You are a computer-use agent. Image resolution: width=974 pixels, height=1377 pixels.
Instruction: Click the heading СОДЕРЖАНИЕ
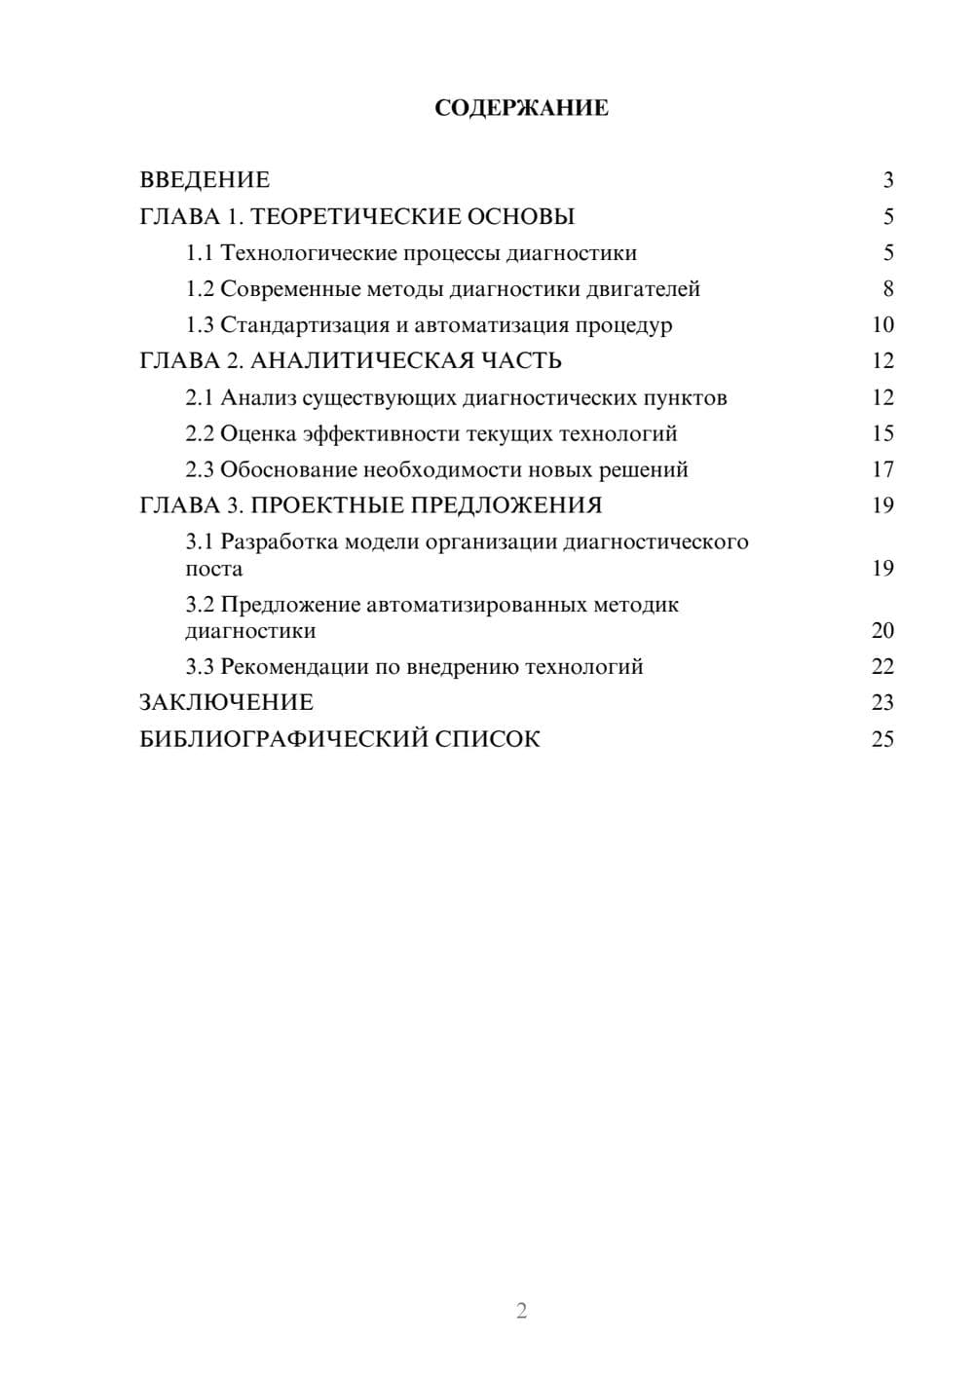coord(521,108)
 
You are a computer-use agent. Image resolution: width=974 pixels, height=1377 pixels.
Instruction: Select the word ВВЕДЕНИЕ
coord(205,180)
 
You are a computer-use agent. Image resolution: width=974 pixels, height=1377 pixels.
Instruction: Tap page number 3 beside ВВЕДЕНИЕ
coord(887,180)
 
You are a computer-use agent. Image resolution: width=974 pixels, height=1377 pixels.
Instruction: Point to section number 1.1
coord(200,253)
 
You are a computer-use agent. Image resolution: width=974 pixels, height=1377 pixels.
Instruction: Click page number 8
coord(887,289)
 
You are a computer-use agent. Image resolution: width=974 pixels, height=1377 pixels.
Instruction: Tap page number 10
coord(882,325)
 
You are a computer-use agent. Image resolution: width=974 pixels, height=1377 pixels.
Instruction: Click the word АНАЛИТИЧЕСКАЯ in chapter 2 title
coord(357,361)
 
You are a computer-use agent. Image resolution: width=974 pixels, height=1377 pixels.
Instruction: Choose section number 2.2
coord(200,433)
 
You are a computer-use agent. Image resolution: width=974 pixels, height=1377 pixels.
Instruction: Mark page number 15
coord(882,433)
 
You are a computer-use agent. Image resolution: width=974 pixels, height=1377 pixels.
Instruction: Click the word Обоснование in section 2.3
coord(288,470)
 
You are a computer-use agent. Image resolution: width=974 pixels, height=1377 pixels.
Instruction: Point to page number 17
coord(882,470)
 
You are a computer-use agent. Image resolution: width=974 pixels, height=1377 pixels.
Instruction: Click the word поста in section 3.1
coord(214,569)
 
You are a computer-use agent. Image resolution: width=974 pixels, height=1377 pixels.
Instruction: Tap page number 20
coord(882,631)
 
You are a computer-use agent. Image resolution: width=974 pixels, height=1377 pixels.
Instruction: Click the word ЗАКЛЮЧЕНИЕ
coord(227,703)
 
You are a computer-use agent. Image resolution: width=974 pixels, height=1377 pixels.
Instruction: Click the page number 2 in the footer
coord(521,1311)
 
